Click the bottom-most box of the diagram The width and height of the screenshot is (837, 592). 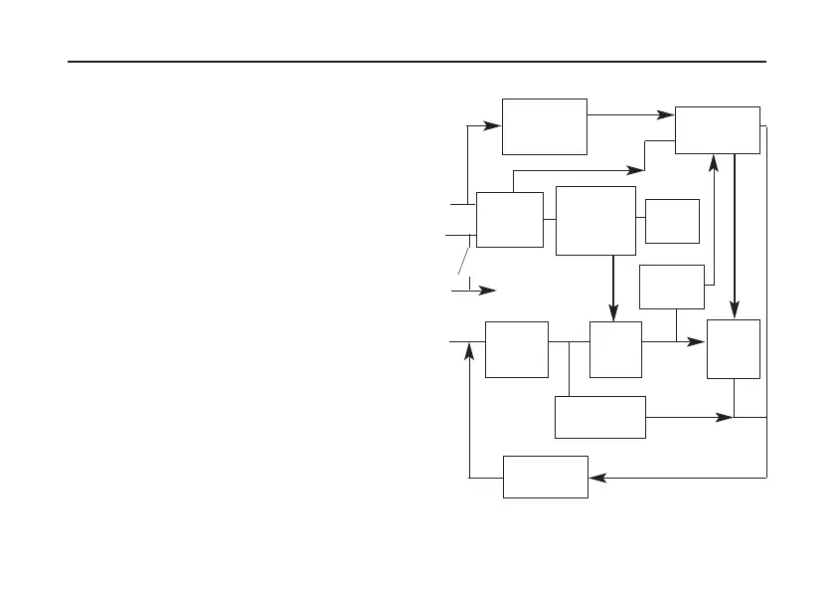coord(546,477)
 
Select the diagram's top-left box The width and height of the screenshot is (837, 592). coord(544,126)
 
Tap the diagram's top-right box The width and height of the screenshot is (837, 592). coord(717,129)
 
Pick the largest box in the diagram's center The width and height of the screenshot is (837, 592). coord(595,220)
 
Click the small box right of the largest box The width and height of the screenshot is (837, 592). coord(672,221)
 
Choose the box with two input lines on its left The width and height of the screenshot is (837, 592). coord(509,219)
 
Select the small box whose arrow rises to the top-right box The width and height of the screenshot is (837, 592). coord(672,287)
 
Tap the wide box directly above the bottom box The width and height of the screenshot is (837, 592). coord(600,417)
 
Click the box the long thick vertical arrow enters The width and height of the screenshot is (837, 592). coord(733,349)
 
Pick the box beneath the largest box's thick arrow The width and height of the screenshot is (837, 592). coord(614,349)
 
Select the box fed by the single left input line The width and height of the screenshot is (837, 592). coord(516,349)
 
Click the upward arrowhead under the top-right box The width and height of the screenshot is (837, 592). coord(715,162)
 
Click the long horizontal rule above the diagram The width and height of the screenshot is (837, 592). coord(418,62)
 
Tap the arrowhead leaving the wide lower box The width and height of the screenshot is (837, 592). coord(724,418)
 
